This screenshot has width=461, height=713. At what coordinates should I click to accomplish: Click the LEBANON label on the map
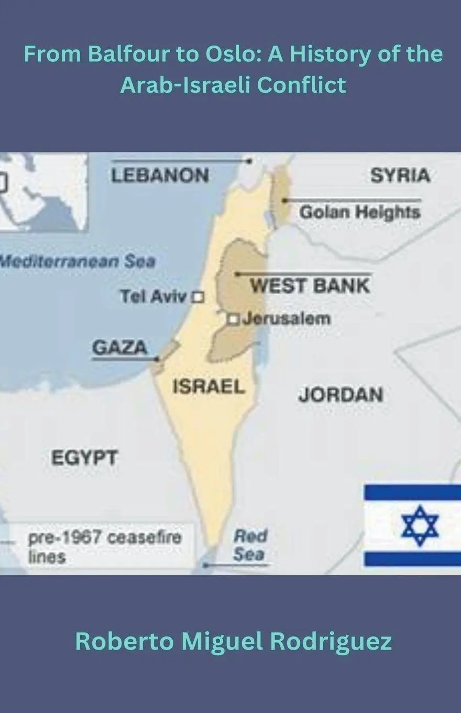[160, 175]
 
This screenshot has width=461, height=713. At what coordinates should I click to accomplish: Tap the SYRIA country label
[400, 176]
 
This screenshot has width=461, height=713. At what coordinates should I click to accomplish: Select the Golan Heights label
[359, 212]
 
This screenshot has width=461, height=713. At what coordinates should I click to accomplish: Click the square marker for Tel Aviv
[198, 297]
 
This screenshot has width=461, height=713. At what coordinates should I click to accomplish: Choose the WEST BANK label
[310, 286]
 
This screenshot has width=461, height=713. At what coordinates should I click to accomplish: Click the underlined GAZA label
[119, 347]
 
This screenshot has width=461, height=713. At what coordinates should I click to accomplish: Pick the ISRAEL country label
[209, 387]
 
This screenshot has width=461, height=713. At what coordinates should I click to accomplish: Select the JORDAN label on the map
[341, 395]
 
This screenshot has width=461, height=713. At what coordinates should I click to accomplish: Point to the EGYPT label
[84, 458]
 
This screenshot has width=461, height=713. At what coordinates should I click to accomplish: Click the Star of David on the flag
[420, 525]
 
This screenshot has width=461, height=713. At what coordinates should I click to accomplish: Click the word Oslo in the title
[237, 54]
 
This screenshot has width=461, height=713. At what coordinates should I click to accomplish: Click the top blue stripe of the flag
[412, 492]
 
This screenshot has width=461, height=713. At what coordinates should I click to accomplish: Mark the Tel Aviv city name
[153, 297]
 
